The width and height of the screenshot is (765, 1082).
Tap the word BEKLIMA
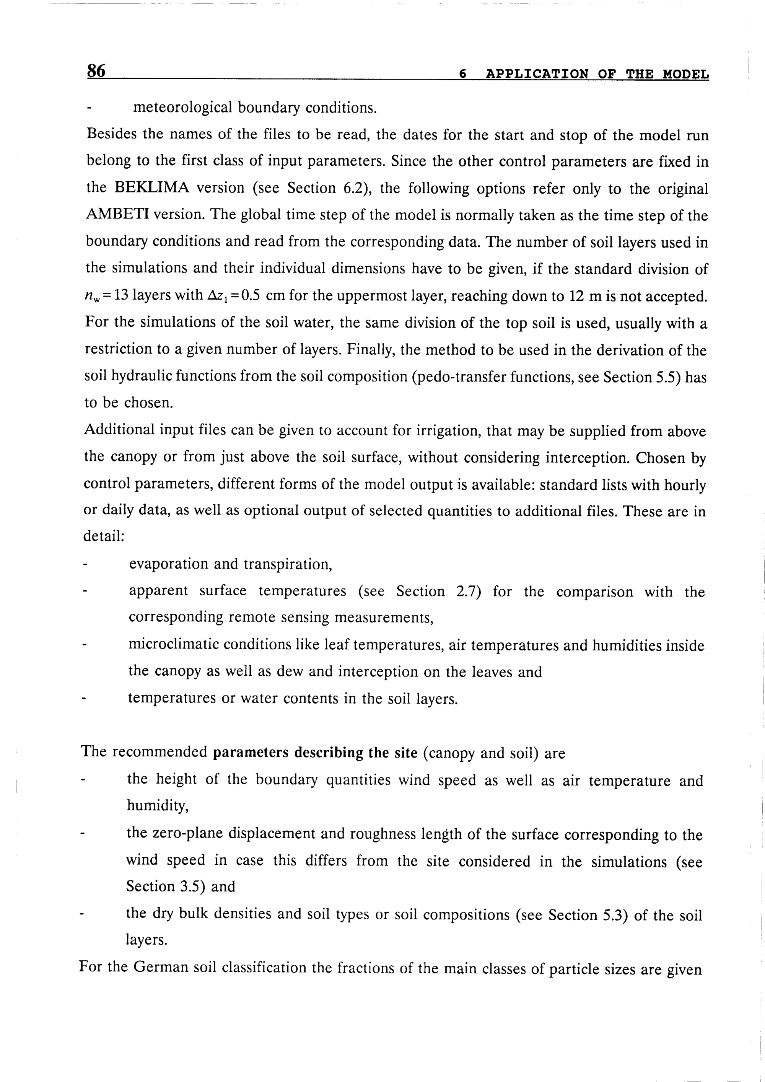click(x=152, y=187)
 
